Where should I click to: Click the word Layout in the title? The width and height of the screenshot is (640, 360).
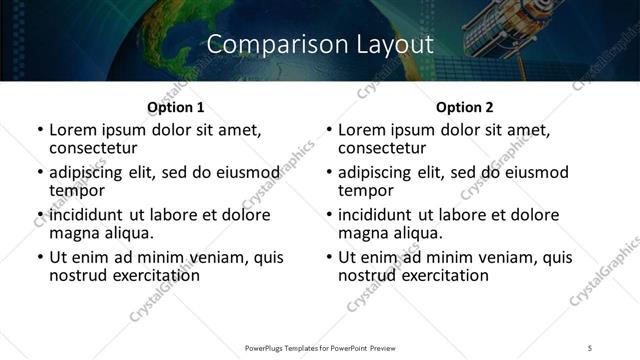tap(393, 44)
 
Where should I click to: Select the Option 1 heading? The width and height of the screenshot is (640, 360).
tap(175, 107)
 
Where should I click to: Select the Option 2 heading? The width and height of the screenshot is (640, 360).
tap(464, 107)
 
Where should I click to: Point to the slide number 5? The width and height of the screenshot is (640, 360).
tap(590, 348)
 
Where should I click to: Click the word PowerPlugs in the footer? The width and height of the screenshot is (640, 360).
tap(270, 348)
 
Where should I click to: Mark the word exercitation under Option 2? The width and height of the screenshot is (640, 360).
tap(438, 274)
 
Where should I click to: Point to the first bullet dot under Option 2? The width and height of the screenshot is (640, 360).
tap(329, 130)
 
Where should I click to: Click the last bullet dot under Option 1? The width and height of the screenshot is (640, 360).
tap(40, 257)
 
